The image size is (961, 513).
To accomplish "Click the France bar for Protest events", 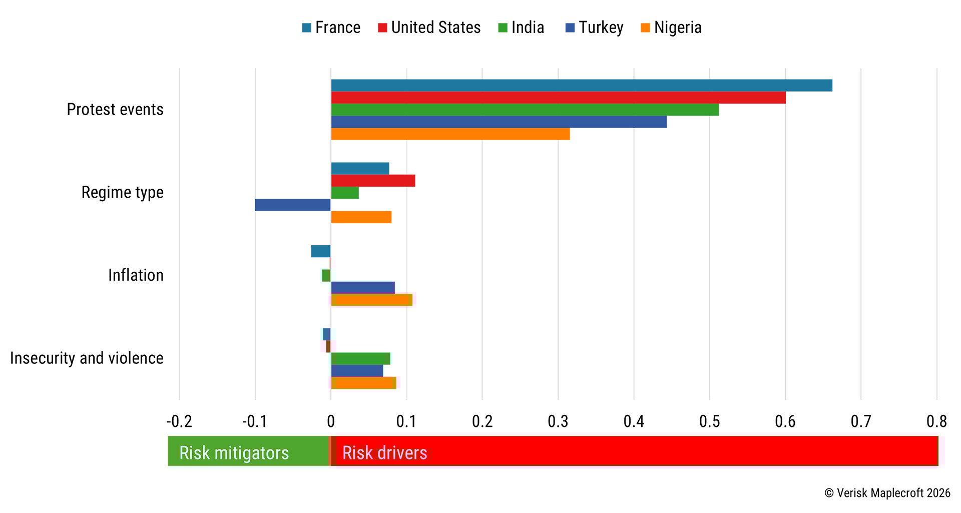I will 581,85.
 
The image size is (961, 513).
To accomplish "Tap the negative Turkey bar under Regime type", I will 293,205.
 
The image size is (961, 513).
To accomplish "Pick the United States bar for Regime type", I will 373,181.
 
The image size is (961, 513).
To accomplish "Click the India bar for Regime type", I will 345,193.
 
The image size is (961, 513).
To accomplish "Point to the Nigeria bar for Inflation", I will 371,300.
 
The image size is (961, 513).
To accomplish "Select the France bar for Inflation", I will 321,251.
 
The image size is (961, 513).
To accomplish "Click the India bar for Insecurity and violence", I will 360,358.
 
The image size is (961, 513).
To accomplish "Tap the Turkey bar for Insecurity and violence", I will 357,371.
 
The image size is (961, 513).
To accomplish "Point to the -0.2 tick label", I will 179,421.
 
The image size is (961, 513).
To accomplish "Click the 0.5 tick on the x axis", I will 709,421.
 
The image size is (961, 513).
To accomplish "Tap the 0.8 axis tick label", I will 936,421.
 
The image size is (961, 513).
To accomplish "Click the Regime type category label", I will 122,193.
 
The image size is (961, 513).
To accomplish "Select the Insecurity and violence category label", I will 87,358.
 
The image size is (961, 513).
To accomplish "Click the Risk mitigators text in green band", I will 234,453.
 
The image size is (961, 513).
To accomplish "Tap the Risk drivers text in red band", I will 384,453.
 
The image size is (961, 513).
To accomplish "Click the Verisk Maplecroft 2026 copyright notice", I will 887,493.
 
